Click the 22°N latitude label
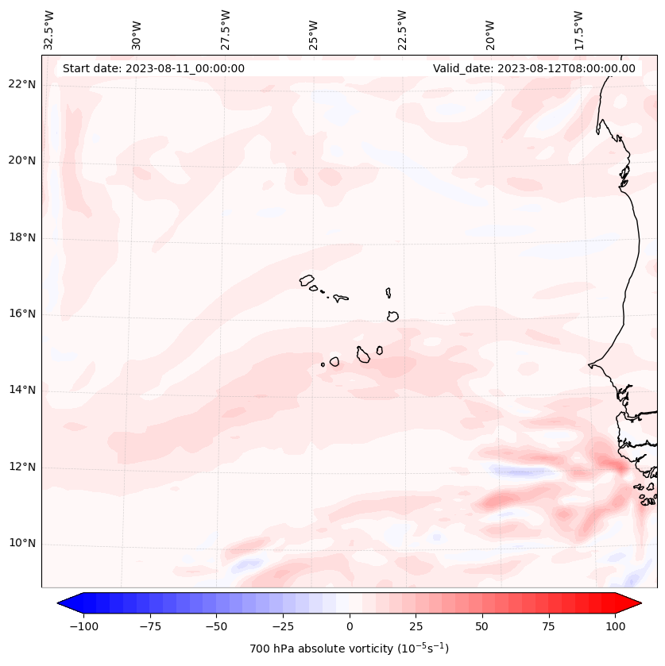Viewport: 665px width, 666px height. click(x=22, y=85)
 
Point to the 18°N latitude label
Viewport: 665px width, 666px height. click(x=22, y=237)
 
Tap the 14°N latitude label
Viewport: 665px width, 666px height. click(x=22, y=390)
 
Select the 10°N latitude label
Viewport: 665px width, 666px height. click(x=22, y=543)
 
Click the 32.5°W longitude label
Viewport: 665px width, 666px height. click(x=49, y=30)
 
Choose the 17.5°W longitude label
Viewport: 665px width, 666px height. click(x=578, y=30)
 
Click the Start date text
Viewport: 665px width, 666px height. click(x=153, y=68)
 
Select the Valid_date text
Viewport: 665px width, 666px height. click(x=534, y=68)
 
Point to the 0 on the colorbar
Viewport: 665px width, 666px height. click(x=349, y=626)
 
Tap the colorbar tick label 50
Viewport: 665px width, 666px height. click(x=482, y=626)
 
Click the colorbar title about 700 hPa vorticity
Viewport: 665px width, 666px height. click(x=349, y=649)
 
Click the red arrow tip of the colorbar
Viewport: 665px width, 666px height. click(x=632, y=603)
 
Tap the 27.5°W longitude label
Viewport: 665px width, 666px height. click(x=226, y=30)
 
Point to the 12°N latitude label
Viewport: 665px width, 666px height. click(x=22, y=467)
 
